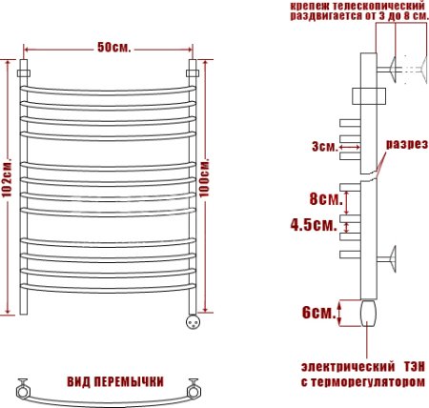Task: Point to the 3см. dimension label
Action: point(323,146)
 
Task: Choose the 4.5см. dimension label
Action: point(314,226)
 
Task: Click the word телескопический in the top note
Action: point(378,6)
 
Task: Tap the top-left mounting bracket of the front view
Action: point(26,70)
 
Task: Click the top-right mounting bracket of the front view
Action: point(194,70)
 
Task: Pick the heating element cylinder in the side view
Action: point(370,312)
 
